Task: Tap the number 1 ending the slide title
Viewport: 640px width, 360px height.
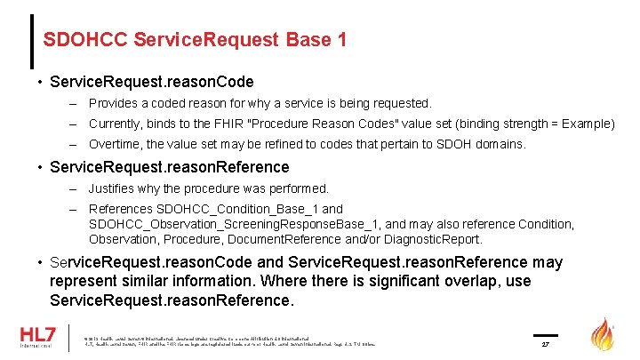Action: (x=341, y=40)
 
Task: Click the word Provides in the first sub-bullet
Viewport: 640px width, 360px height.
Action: (x=113, y=104)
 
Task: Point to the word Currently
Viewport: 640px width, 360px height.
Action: (x=116, y=124)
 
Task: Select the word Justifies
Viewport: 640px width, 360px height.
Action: (x=112, y=188)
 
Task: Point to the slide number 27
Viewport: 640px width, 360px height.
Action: (x=548, y=342)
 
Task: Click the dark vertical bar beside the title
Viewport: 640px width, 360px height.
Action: (x=32, y=41)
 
